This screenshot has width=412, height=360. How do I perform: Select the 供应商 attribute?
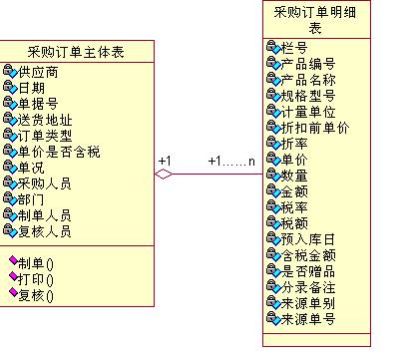(38, 73)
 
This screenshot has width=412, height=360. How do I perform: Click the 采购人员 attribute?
(45, 182)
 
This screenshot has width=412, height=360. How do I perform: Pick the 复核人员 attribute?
(45, 230)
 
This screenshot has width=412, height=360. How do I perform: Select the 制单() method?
(36, 263)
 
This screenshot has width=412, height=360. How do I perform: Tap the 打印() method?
(36, 278)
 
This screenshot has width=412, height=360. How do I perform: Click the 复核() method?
(36, 294)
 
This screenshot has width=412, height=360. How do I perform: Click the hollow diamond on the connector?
(164, 175)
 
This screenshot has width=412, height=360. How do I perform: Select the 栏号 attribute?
(293, 48)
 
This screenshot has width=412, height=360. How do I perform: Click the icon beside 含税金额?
(273, 255)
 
